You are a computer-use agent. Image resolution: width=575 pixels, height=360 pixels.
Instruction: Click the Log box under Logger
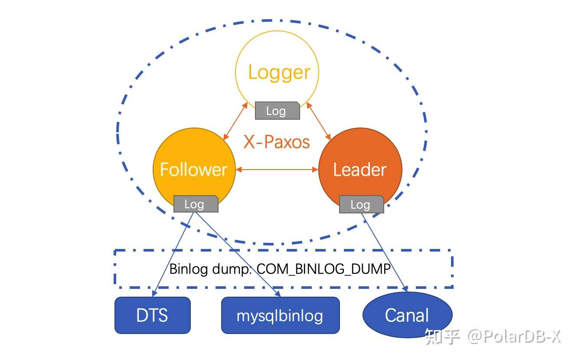(277, 111)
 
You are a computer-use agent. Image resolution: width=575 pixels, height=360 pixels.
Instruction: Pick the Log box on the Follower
(196, 204)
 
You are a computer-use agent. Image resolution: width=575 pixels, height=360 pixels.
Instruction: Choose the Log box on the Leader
(361, 204)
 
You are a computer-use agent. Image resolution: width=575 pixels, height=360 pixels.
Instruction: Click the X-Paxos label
(277, 142)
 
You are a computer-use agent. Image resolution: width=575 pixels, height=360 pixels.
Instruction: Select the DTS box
(153, 315)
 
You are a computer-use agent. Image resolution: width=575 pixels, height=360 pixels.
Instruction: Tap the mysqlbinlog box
(280, 315)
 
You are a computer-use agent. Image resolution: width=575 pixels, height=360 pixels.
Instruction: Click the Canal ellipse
(407, 315)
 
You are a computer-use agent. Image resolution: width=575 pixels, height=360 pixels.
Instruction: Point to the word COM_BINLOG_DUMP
(323, 269)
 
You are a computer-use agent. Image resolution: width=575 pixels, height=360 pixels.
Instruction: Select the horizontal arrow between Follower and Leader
(277, 170)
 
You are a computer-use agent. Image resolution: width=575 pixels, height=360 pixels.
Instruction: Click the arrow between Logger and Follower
(235, 121)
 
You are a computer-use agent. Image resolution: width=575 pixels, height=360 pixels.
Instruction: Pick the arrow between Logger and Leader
(319, 121)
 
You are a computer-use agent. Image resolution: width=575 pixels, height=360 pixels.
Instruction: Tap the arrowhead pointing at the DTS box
(154, 294)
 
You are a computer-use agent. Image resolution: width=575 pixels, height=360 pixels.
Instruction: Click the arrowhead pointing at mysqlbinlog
(278, 294)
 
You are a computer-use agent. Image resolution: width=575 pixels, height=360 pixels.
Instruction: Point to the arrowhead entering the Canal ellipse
(405, 288)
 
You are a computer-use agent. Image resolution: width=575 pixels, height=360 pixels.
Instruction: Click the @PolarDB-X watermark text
(514, 336)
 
